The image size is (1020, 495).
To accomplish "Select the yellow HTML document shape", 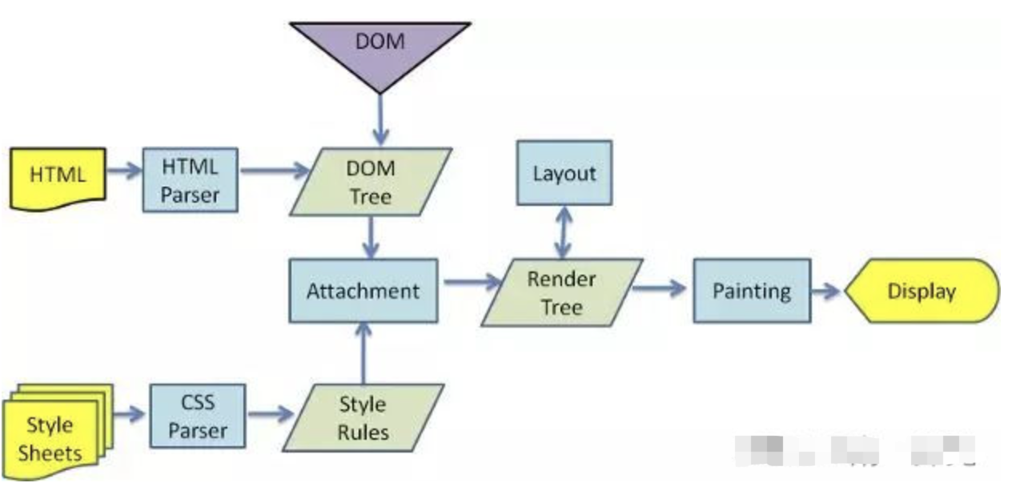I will [57, 175].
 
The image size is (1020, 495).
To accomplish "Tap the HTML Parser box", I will [190, 179].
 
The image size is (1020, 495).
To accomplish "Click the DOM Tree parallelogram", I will [370, 182].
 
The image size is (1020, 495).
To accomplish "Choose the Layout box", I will [564, 173].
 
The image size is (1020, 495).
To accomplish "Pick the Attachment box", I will [363, 290].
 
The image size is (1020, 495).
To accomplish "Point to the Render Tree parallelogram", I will [561, 292].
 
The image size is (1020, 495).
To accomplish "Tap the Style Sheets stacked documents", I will [53, 436].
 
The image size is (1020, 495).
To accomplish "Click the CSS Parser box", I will [197, 416].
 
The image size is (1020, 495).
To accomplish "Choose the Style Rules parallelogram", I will [363, 417].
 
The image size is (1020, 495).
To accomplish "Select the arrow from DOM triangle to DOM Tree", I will [379, 120].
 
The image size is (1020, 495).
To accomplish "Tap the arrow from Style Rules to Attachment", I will [363, 352].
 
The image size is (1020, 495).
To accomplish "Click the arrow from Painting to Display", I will [826, 292].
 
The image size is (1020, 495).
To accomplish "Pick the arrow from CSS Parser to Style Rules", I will [271, 414].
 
